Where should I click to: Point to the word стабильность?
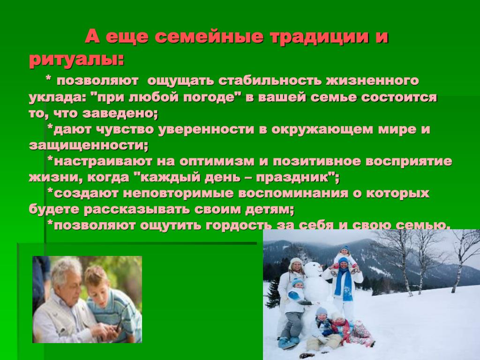[270, 81]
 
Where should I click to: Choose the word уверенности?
[206, 129]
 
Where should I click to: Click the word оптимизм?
[217, 161]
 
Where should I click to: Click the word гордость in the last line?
[239, 225]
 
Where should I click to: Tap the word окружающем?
[322, 129]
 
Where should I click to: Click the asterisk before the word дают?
[50, 127]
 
